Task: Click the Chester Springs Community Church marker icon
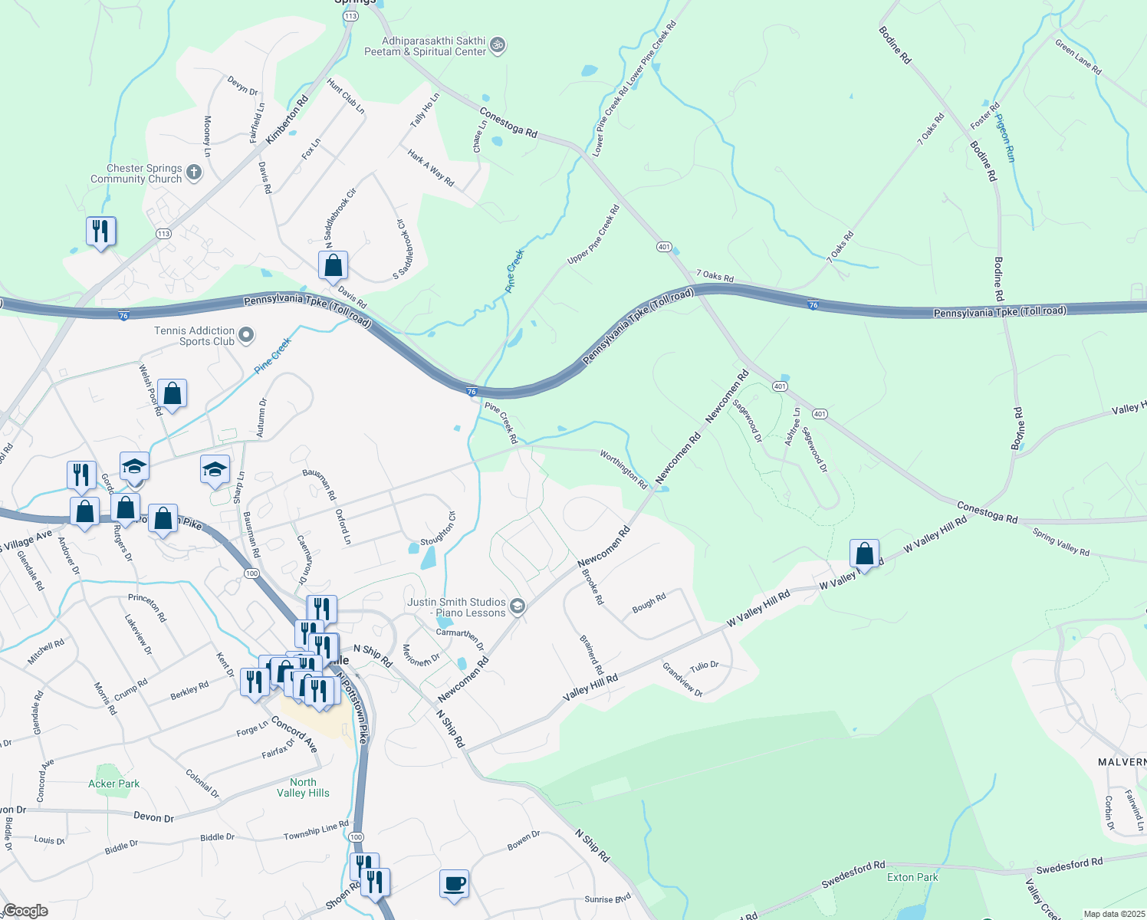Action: (194, 172)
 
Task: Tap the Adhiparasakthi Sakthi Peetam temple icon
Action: (498, 45)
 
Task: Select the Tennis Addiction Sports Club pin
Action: (246, 335)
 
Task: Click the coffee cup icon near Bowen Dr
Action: (454, 882)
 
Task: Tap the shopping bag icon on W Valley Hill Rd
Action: (864, 554)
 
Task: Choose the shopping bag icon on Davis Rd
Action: (333, 265)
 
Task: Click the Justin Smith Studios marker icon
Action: (518, 607)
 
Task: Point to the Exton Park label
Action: (912, 877)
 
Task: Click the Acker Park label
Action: (113, 784)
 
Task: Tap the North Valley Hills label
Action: (303, 787)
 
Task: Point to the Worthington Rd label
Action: (623, 469)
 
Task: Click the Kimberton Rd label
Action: (287, 120)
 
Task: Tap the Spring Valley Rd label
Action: (1060, 541)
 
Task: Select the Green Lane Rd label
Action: (1077, 57)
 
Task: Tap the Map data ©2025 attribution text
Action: (1112, 914)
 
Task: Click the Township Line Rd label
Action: (316, 830)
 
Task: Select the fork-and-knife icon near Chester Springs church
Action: (100, 231)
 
